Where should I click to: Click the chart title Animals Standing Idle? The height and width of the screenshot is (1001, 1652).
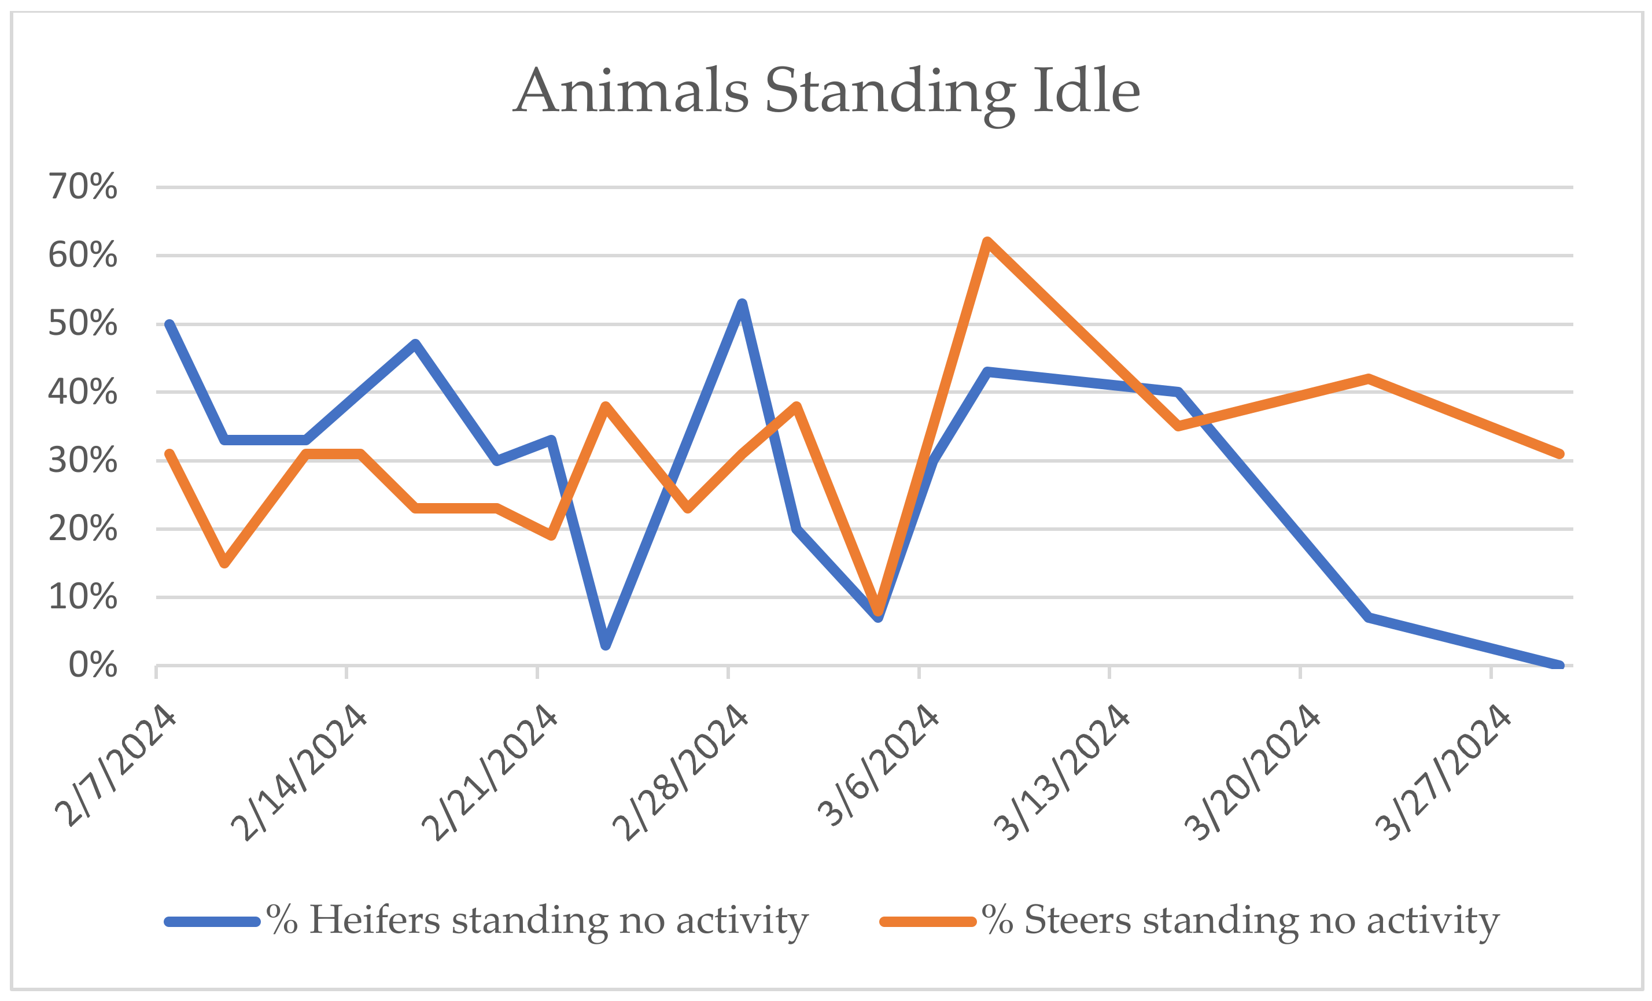coord(826,92)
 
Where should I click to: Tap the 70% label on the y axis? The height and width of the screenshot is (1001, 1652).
coord(83,186)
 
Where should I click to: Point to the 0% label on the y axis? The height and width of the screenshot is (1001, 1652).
coord(93,665)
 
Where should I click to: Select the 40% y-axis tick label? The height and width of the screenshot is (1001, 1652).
coord(83,392)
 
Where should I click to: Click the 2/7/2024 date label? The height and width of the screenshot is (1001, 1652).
coord(115,765)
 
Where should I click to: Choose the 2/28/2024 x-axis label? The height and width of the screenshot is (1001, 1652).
coord(680,773)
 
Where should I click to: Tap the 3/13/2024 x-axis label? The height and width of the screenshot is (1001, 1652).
coord(1061,773)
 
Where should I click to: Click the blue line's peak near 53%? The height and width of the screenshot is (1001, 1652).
coord(742,304)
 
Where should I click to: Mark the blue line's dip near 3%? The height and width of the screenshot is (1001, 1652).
coord(606,645)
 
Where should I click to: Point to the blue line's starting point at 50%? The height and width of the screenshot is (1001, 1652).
coord(169,324)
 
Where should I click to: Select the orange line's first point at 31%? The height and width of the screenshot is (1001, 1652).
coord(169,455)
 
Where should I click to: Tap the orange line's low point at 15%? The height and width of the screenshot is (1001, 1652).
coord(224,563)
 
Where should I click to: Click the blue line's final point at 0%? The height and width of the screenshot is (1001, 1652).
coord(1559,666)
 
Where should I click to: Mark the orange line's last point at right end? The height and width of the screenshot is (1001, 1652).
coord(1559,454)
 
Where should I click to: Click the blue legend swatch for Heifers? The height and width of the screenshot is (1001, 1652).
coord(212,922)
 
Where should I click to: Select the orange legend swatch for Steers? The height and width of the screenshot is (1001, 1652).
coord(927,922)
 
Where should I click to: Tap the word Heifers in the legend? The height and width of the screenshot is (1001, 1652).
coord(374,920)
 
